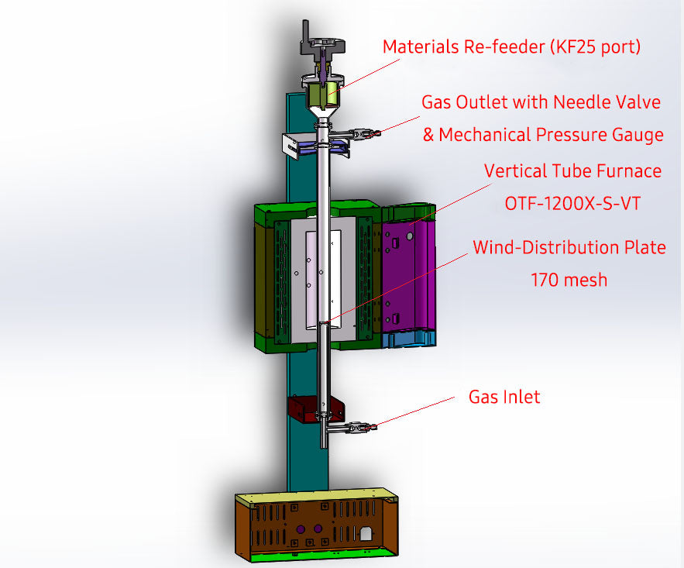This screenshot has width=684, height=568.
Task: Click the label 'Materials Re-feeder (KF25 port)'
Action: pos(511,46)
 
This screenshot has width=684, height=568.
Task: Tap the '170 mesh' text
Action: pos(569,280)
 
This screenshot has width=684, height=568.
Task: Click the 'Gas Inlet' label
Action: pos(504,397)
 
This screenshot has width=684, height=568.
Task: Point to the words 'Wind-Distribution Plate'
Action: pos(569,248)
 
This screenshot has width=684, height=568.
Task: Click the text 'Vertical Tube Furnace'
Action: pos(572,170)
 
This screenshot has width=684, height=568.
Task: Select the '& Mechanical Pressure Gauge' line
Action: pos(542,135)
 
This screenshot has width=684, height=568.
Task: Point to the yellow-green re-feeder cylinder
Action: pos(319,95)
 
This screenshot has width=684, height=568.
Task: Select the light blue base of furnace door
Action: pos(409,339)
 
